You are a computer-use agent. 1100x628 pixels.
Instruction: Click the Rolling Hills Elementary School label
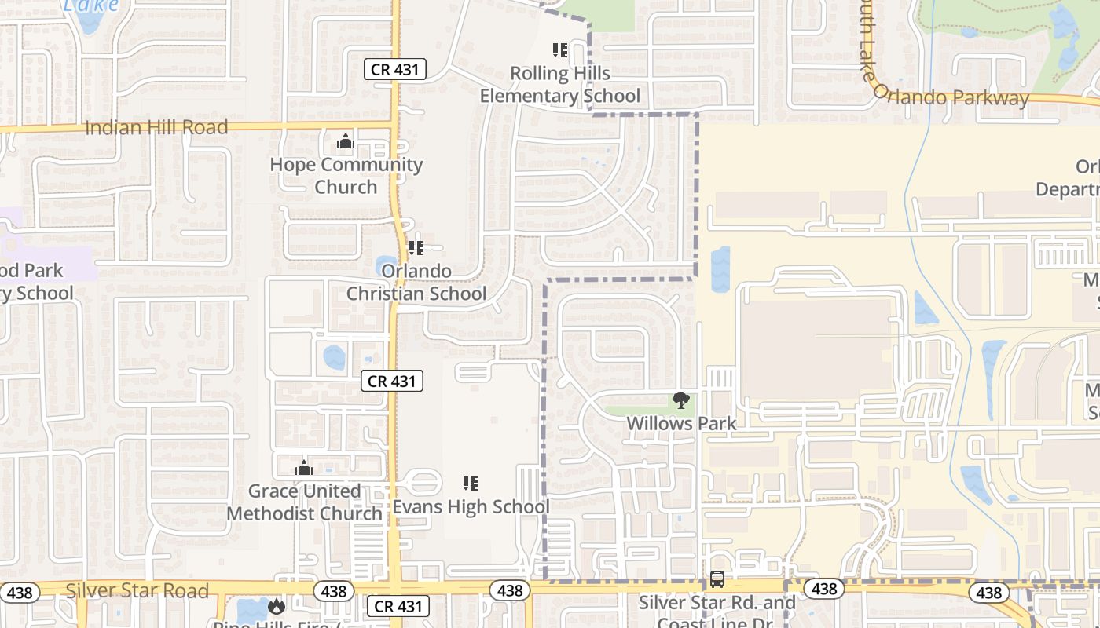[559, 85]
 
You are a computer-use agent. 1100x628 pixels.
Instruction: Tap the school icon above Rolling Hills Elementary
[560, 51]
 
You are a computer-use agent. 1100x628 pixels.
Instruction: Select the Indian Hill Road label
[156, 127]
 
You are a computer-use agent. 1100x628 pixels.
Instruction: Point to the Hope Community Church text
[346, 176]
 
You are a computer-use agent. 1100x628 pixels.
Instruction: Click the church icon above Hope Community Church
[345, 142]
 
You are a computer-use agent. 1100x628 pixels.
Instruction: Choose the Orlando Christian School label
[416, 283]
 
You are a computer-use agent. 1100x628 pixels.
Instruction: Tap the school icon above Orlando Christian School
[416, 248]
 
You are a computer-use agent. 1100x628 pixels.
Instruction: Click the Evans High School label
[471, 507]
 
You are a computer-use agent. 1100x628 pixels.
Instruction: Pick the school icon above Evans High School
[471, 484]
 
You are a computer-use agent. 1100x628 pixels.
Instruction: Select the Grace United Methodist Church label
[304, 502]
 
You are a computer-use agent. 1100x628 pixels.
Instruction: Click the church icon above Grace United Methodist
[304, 469]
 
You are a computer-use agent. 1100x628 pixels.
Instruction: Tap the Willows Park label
[681, 424]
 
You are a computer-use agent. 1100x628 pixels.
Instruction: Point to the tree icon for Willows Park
[681, 401]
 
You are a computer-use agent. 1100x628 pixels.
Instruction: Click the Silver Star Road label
[137, 590]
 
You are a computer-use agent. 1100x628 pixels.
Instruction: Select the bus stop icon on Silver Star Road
[717, 579]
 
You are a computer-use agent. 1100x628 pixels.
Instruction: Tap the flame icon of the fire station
[276, 606]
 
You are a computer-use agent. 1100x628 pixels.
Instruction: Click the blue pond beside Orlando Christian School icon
[387, 265]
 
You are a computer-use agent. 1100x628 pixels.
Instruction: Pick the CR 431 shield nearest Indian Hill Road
[396, 69]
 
